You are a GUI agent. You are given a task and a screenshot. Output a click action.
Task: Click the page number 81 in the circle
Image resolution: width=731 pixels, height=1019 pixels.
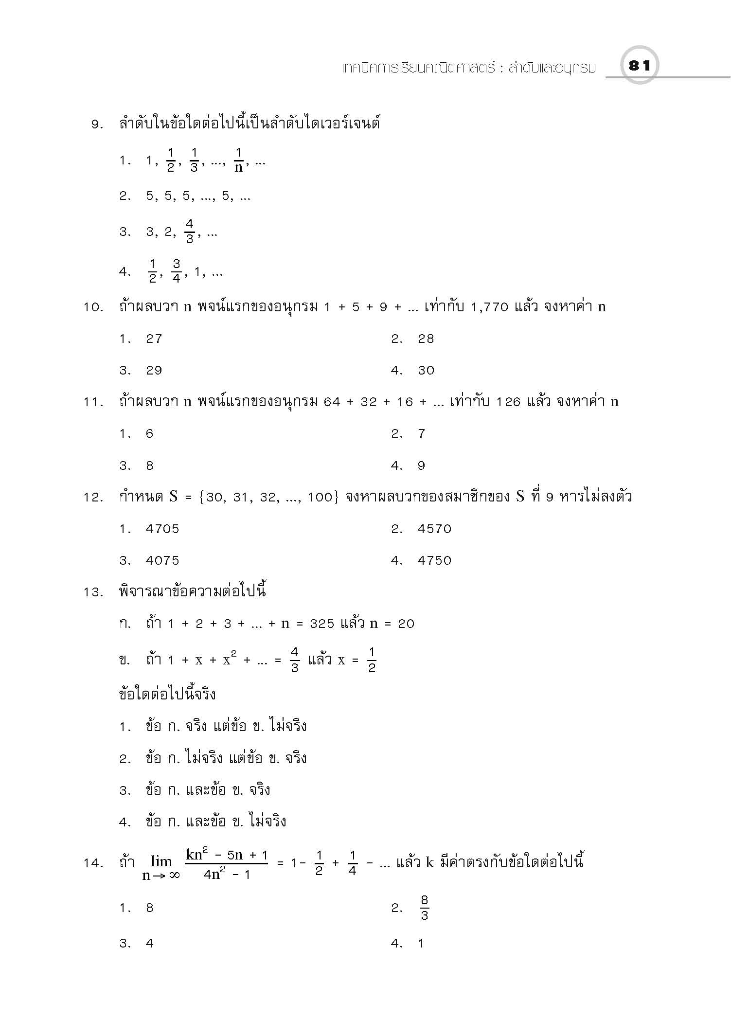pos(639,66)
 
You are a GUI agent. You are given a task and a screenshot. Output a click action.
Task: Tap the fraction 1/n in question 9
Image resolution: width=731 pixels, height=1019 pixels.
pos(238,161)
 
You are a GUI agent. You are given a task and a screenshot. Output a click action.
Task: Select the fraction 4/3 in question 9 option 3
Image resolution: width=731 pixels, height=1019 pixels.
pos(190,232)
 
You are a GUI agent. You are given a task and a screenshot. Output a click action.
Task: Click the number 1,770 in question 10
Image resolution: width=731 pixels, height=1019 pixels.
pos(490,307)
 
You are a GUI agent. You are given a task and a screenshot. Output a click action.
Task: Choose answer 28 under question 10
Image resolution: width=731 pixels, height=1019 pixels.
pos(426,339)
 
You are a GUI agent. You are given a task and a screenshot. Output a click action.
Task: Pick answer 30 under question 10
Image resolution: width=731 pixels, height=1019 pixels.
pos(426,371)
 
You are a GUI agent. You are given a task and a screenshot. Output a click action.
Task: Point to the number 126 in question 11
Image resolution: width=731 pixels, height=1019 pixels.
pos(509,402)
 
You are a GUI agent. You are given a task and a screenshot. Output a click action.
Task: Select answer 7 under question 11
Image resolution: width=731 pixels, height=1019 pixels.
pos(422,434)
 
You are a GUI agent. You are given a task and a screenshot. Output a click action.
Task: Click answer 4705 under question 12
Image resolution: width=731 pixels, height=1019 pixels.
pos(162,529)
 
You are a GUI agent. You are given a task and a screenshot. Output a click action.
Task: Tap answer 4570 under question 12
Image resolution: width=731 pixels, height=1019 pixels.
pos(434,529)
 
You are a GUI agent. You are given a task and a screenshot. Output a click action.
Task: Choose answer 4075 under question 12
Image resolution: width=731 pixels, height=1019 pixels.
pos(162,561)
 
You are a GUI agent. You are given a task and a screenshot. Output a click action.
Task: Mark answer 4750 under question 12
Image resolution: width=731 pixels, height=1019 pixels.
pos(434,561)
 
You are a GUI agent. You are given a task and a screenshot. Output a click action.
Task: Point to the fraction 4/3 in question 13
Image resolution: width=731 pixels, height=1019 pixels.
pos(295,660)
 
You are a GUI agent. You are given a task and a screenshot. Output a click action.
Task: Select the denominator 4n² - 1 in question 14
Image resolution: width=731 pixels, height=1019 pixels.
pos(227,875)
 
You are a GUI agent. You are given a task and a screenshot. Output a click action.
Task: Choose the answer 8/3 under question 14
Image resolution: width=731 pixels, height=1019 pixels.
pos(424,908)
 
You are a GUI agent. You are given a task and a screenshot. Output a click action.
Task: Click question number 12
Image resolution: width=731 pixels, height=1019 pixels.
pos(92,498)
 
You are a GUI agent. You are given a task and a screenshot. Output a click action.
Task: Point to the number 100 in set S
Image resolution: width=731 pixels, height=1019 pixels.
pos(320,498)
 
